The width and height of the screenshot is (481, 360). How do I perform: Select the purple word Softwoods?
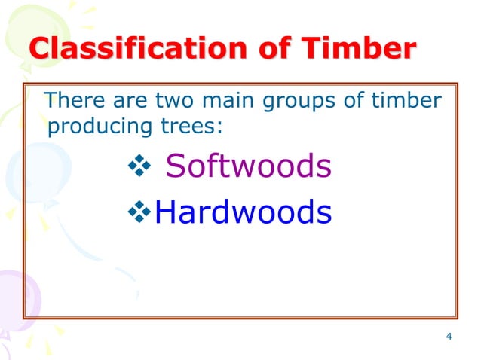pyautogui.click(x=248, y=167)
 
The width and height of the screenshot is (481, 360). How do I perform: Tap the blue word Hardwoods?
pyautogui.click(x=243, y=213)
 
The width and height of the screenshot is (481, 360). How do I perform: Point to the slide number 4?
pyautogui.click(x=449, y=336)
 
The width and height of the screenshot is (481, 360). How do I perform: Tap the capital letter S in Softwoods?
pyautogui.click(x=175, y=167)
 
